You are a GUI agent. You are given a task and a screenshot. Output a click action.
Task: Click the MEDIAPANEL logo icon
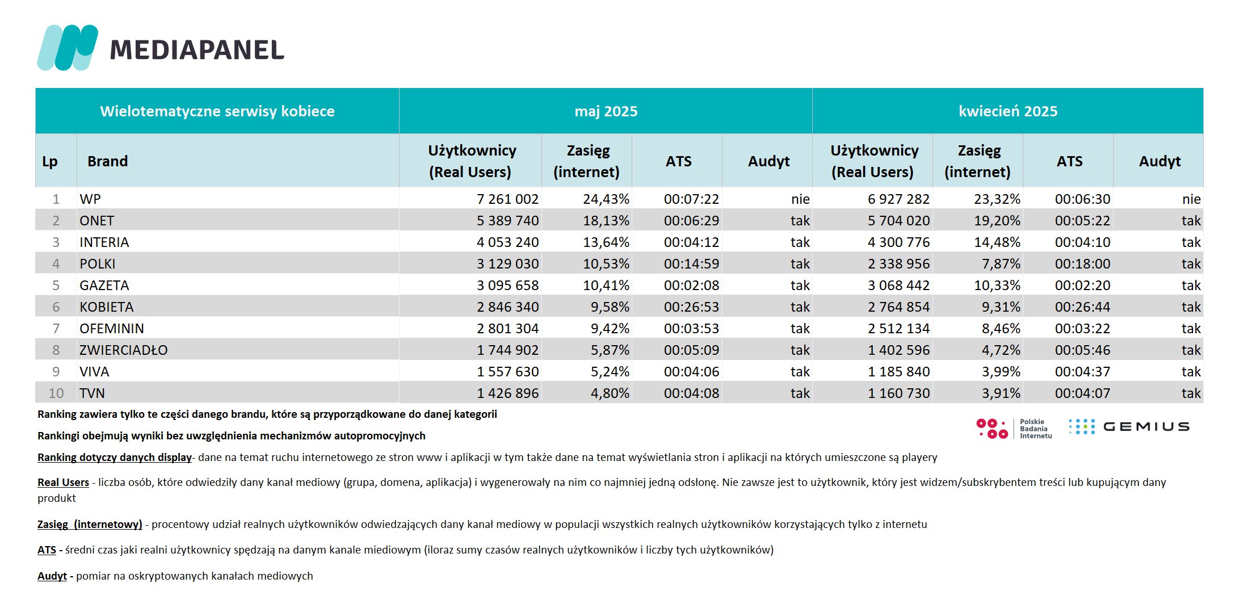pos(68,48)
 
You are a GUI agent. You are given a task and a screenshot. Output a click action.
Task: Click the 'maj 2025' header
pos(606,111)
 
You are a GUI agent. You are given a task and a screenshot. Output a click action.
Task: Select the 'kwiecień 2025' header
pos(1008,111)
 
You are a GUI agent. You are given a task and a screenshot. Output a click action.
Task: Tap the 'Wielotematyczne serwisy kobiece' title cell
pos(217,111)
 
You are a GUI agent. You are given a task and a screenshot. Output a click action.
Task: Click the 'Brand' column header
pos(107,161)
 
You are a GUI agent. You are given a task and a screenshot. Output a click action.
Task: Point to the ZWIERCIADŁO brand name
pos(124,350)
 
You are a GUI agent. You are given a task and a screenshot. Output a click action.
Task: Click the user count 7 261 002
pos(507,199)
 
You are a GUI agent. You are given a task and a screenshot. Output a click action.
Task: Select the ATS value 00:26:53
pos(691,307)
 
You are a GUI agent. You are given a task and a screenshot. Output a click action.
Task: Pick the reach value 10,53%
pos(606,264)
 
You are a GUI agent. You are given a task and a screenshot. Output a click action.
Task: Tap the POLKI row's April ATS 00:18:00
pos(1082,264)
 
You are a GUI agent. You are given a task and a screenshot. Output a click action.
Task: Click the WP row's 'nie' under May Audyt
pos(800,199)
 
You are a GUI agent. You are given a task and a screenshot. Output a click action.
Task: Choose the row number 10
pos(56,393)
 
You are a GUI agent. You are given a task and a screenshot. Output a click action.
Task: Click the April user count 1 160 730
pos(899,393)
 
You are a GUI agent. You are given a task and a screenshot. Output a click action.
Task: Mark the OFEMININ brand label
pos(112,329)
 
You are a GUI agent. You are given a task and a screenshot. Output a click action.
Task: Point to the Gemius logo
pos(1129,427)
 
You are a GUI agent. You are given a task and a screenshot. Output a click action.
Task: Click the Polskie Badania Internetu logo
pos(1014,429)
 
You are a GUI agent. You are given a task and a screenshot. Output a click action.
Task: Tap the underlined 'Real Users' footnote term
pos(63,483)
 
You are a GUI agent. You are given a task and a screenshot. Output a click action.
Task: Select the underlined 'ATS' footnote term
pos(47,550)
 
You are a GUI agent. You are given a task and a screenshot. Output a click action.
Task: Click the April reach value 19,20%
pos(997,221)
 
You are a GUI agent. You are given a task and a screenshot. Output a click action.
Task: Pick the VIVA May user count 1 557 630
pos(507,372)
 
